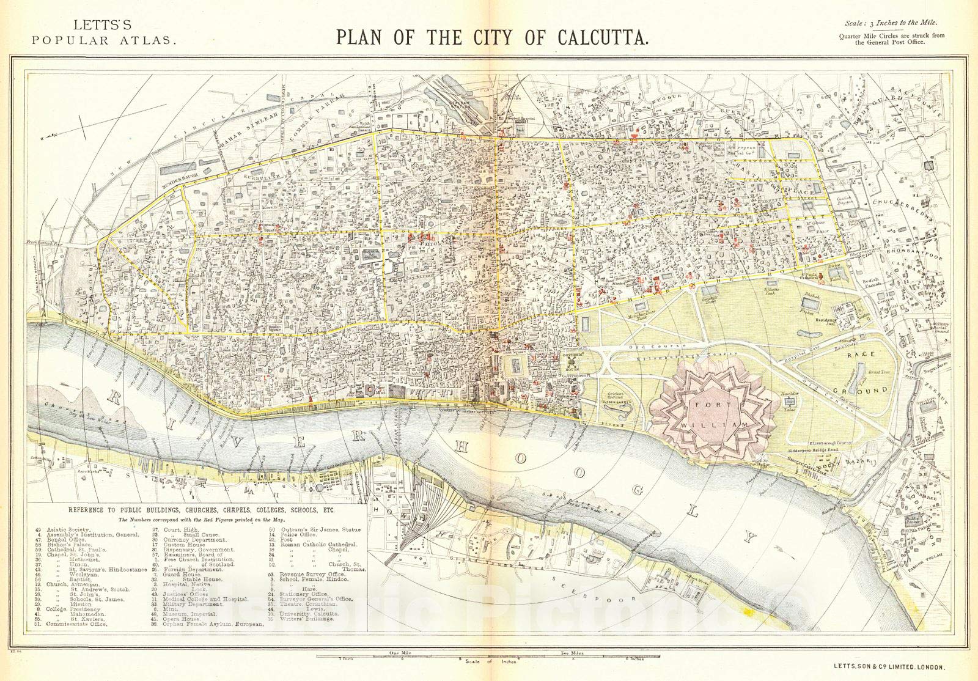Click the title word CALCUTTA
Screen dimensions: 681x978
pyautogui.click(x=602, y=37)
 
